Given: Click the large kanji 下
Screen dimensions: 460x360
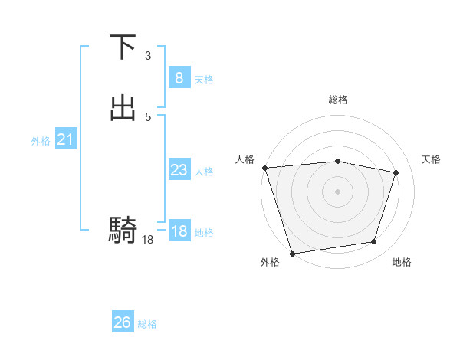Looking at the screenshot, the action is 123,47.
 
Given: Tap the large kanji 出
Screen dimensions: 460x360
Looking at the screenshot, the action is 123,109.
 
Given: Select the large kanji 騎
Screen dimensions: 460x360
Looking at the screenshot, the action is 123,229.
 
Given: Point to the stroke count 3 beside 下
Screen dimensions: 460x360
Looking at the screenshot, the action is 148,56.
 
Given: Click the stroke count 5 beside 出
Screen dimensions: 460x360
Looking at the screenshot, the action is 148,116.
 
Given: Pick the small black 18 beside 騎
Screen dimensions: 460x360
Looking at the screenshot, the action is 148,240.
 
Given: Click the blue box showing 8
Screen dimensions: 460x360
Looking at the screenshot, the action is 179,77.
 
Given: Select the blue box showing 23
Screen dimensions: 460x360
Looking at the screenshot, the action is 179,170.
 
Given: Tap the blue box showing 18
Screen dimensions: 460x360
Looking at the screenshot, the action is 179,231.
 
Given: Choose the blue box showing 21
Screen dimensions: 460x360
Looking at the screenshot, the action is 65,139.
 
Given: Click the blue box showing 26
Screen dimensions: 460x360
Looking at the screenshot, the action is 122,322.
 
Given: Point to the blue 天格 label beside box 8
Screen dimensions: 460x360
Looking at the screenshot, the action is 204,80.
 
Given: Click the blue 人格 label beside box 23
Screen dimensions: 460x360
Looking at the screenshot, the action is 204,172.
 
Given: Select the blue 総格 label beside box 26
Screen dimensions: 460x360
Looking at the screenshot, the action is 147,324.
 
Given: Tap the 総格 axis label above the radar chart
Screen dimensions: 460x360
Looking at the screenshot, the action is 338,100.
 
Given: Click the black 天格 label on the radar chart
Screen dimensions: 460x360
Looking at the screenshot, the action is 432,159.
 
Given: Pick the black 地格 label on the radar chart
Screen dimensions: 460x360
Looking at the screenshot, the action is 402,262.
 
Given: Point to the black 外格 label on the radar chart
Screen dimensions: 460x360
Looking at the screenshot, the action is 270,262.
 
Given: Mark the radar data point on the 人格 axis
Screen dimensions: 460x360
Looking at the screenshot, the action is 264,168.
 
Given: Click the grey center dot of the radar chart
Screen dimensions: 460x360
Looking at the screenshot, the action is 338,191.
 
